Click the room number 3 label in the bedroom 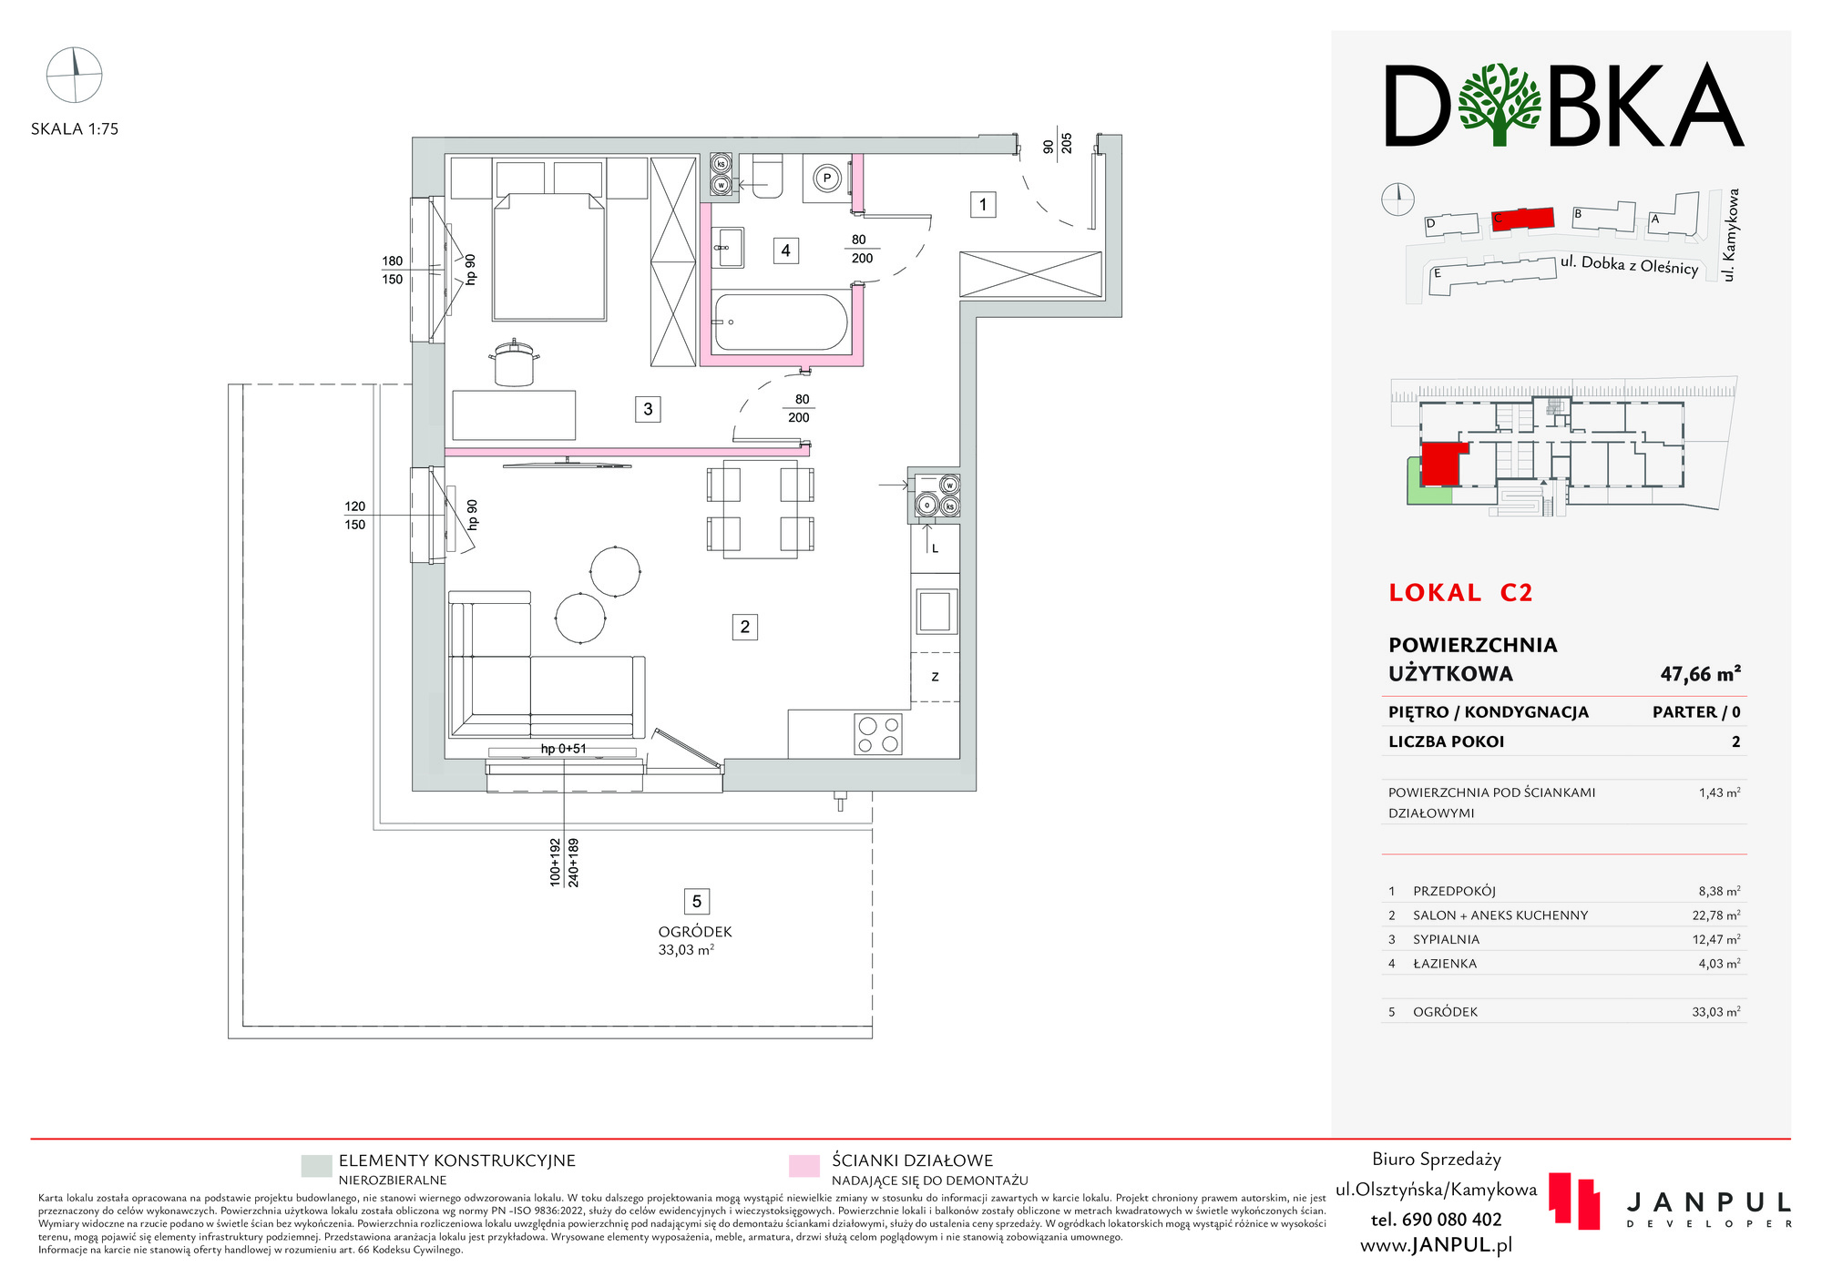[648, 409]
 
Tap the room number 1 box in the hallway [982, 205]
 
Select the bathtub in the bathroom [782, 322]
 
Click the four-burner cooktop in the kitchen [878, 735]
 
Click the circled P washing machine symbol [827, 179]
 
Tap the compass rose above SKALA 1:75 [74, 75]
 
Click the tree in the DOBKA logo [1500, 104]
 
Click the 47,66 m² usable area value [1700, 674]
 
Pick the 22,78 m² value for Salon [1716, 915]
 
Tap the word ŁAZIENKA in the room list [1445, 964]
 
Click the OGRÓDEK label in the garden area [695, 932]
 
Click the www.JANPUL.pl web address [1437, 1245]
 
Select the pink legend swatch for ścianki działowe [804, 1166]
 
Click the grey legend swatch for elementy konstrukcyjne [316, 1166]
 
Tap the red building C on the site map [1522, 219]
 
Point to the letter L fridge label [935, 548]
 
